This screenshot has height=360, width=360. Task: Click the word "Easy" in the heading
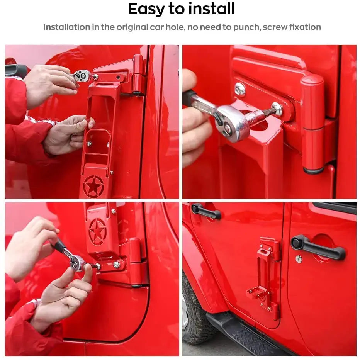[x=146, y=9]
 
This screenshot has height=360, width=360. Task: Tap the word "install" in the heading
[x=211, y=9]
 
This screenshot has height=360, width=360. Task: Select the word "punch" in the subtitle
[x=247, y=27]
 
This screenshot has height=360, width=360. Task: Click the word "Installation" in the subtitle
[x=67, y=27]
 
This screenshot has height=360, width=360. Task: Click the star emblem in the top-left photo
[x=93, y=187]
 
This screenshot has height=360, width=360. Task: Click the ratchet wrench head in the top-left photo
[x=82, y=76]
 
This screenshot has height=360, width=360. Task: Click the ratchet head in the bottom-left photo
[x=77, y=263]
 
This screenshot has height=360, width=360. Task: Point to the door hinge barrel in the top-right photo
[x=313, y=124]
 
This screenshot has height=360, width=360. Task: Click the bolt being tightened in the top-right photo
[x=277, y=109]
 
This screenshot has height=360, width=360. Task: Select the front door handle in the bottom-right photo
[x=318, y=248]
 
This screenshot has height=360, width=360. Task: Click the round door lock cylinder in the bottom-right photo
[x=299, y=259]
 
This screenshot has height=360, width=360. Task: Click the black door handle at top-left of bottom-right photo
[x=206, y=211]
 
